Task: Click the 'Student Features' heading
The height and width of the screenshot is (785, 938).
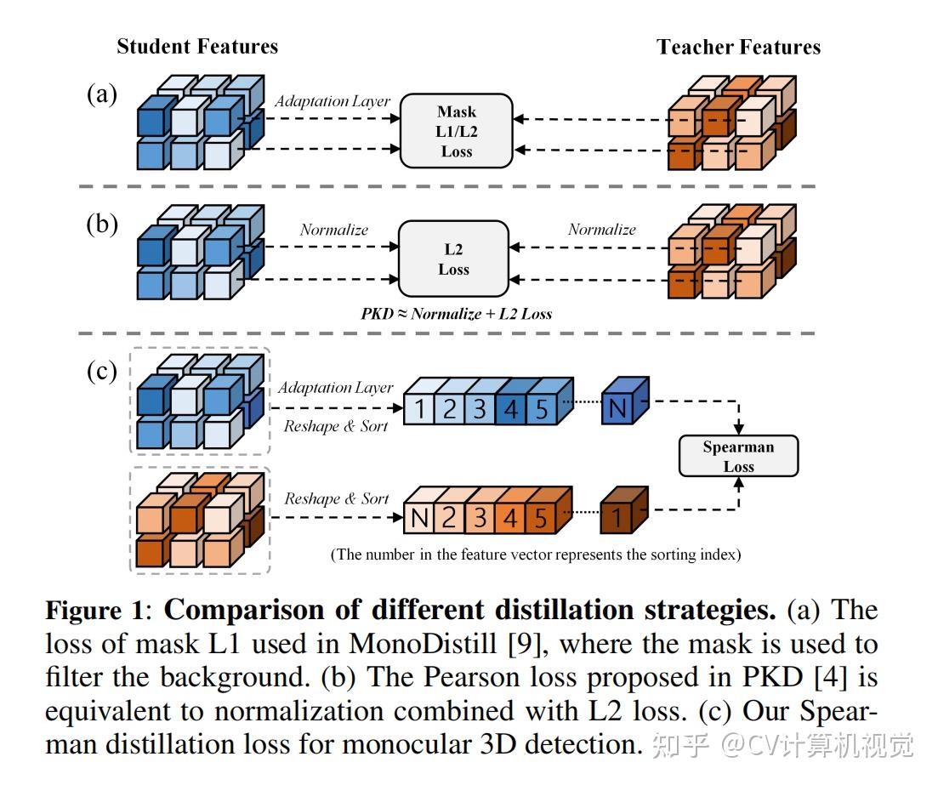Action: pyautogui.click(x=197, y=46)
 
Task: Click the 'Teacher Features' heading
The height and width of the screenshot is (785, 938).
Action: pyautogui.click(x=738, y=47)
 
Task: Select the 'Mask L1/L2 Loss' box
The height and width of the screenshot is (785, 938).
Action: pyautogui.click(x=457, y=131)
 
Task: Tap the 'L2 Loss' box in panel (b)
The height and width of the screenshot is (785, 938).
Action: pyautogui.click(x=453, y=259)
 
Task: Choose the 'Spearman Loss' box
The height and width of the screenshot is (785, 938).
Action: pyautogui.click(x=738, y=456)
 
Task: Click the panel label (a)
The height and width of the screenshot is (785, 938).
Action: pyautogui.click(x=102, y=94)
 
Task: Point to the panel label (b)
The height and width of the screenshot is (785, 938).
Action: pyautogui.click(x=102, y=224)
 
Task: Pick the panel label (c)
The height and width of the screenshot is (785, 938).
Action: pyautogui.click(x=102, y=371)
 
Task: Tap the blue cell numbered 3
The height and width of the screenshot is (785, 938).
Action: pyautogui.click(x=480, y=409)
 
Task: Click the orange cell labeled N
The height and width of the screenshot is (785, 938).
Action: pyautogui.click(x=419, y=518)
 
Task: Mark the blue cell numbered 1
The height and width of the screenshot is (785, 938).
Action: pyautogui.click(x=419, y=409)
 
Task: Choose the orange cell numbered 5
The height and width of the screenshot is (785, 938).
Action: pyautogui.click(x=541, y=518)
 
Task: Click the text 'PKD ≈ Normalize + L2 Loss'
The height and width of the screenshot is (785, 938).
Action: pyautogui.click(x=456, y=314)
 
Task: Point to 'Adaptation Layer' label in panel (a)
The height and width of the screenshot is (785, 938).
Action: pyautogui.click(x=333, y=101)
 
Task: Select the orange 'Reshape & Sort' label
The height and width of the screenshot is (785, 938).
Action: pyautogui.click(x=336, y=498)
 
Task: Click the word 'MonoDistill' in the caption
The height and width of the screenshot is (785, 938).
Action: pyautogui.click(x=423, y=644)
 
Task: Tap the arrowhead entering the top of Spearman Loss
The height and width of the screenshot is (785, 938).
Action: pyautogui.click(x=739, y=429)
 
